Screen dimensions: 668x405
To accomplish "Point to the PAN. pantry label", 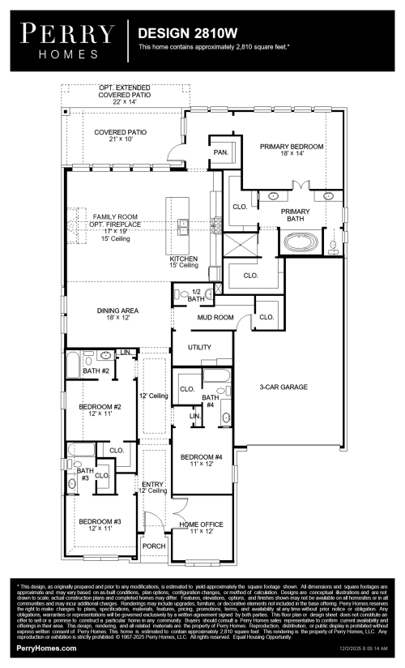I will (220, 152).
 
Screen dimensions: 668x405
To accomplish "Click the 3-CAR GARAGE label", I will (283, 388).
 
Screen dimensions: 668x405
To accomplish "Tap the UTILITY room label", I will (199, 347).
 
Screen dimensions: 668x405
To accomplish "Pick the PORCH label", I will (154, 546).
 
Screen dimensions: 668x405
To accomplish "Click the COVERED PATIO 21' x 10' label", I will (120, 135).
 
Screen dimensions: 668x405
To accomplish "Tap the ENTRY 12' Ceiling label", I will (153, 487).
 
